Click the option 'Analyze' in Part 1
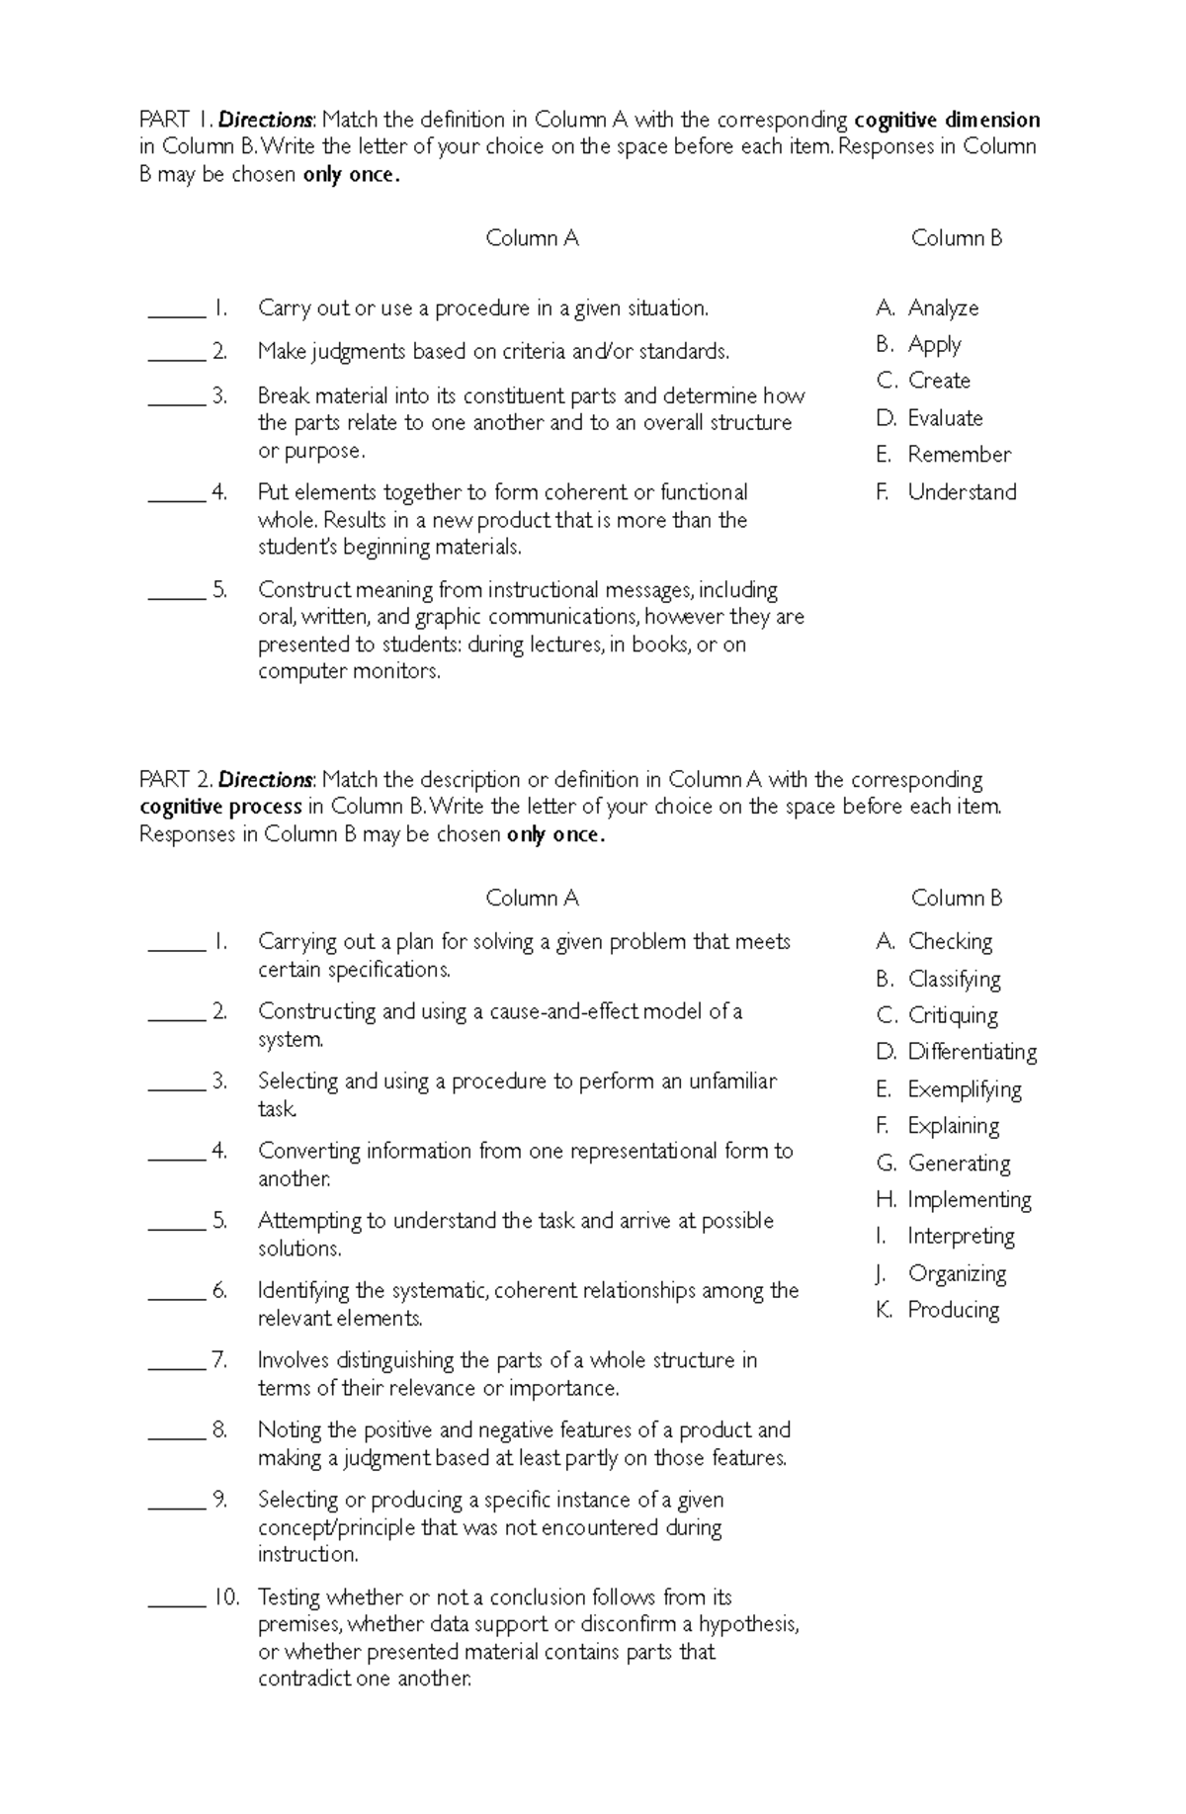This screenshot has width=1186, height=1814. [x=942, y=308]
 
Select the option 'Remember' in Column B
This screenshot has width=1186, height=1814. [x=959, y=455]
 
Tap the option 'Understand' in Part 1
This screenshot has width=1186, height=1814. [x=961, y=492]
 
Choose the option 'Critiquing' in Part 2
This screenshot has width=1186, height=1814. [x=952, y=1016]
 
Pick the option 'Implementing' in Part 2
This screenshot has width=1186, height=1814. [x=969, y=1200]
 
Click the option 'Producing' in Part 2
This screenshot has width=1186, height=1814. [x=953, y=1311]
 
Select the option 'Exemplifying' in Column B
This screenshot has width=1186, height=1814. [x=964, y=1089]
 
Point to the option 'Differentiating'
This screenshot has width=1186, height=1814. [x=972, y=1053]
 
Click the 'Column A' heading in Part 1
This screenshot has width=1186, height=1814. [x=532, y=238]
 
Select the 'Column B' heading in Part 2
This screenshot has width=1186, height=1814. [x=956, y=899]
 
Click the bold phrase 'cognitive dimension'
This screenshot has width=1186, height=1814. [x=947, y=121]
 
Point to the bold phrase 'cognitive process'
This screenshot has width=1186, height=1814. [x=220, y=807]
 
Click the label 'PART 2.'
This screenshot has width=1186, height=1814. [x=176, y=780]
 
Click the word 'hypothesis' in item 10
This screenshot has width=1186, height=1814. [x=748, y=1624]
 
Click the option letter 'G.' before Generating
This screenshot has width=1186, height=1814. [x=886, y=1164]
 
